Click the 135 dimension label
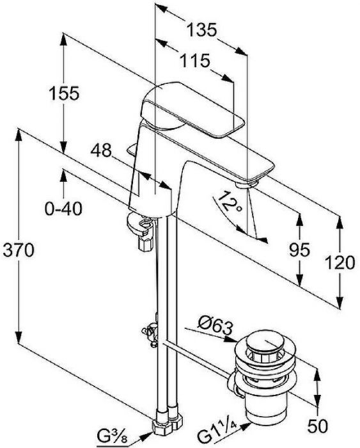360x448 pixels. click(x=202, y=29)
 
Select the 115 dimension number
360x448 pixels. click(x=195, y=61)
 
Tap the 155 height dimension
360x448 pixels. click(x=64, y=93)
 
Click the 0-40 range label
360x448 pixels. click(x=63, y=209)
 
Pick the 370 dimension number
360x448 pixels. click(x=19, y=250)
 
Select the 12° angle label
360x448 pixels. click(x=229, y=202)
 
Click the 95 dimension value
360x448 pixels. click(x=299, y=250)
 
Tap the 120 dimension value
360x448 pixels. click(x=340, y=263)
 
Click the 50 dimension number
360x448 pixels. click(x=317, y=426)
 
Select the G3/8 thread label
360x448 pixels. click(x=112, y=437)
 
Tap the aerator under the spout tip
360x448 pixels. click(x=247, y=184)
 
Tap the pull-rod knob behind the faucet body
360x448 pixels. click(x=132, y=149)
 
